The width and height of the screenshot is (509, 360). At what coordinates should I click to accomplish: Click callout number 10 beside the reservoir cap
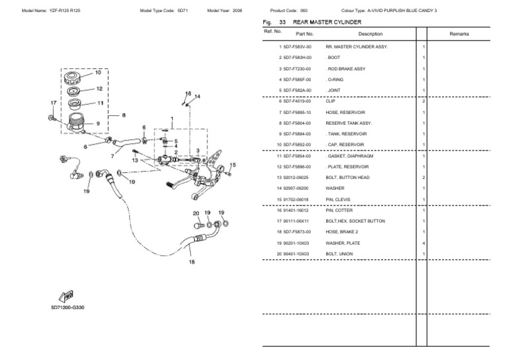click(98, 72)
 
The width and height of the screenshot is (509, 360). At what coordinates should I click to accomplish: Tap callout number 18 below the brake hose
click(192, 262)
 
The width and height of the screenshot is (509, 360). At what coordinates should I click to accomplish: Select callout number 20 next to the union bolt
click(196, 213)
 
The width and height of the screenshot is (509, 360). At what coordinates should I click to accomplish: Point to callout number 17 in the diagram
click(54, 103)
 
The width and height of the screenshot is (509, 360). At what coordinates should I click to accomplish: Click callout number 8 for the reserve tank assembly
click(123, 115)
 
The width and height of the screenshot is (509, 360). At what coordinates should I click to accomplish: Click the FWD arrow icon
click(67, 296)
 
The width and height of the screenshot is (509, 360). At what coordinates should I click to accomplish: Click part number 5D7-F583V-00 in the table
click(298, 47)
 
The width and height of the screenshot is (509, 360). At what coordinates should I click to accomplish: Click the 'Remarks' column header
click(459, 33)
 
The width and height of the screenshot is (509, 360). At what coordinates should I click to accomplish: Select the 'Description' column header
click(370, 33)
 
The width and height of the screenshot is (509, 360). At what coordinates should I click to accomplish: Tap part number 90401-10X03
click(298, 253)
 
